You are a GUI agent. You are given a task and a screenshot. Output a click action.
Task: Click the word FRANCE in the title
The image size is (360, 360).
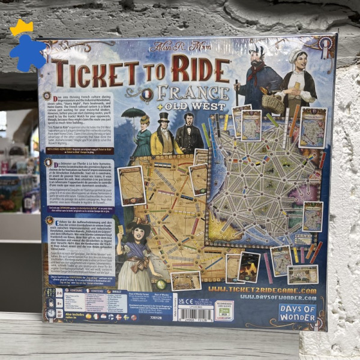[x=191, y=94]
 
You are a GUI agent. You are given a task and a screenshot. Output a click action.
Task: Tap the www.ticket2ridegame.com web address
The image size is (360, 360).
[x=262, y=290]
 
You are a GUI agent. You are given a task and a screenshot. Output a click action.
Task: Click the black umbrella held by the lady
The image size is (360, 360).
[x=133, y=112]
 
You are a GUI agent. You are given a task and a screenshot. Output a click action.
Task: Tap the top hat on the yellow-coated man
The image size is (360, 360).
[x=164, y=117]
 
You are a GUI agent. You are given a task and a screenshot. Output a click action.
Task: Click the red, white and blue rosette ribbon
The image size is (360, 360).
[x=325, y=47]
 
